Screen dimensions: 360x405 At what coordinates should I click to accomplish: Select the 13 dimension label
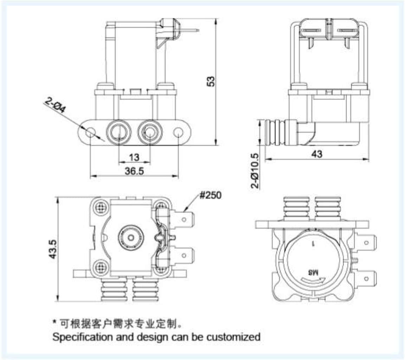tap(134, 156)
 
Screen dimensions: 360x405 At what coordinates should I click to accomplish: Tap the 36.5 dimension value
tap(134, 171)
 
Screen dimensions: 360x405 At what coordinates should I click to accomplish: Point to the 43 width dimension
tap(316, 154)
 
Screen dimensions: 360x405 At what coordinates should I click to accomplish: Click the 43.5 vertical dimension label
tap(53, 249)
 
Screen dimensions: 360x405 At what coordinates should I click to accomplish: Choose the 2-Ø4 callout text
tap(56, 105)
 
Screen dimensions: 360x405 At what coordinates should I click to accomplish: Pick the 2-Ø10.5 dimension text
tap(256, 171)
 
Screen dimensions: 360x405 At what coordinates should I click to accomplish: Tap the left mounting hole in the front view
tap(90, 133)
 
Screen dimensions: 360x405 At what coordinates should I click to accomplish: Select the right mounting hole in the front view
tap(179, 133)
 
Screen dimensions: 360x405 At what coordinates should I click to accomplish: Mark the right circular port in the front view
tap(149, 132)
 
